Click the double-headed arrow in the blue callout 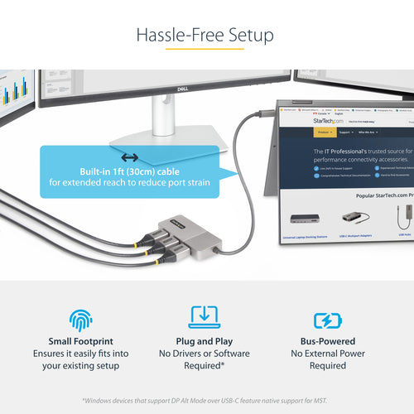(129, 157)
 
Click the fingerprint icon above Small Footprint (82, 320)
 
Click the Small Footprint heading (81, 341)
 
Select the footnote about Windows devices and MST (206, 401)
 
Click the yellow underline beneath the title (206, 49)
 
